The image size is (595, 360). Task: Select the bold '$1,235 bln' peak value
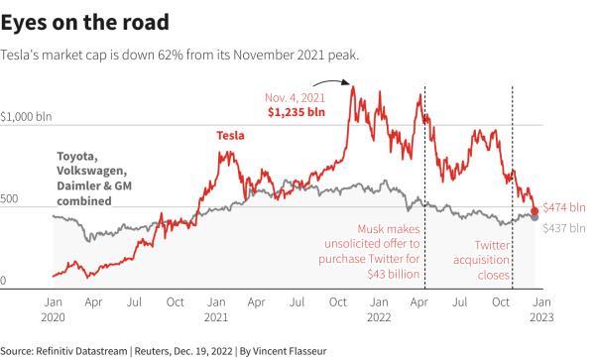[296, 111]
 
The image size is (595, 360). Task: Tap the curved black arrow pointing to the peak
[339, 91]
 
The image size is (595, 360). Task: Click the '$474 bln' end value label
[565, 209]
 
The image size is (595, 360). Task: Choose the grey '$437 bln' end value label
[565, 228]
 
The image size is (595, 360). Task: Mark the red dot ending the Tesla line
[535, 210]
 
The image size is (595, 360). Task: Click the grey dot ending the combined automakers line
[535, 217]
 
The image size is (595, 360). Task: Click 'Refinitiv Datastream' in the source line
[81, 351]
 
